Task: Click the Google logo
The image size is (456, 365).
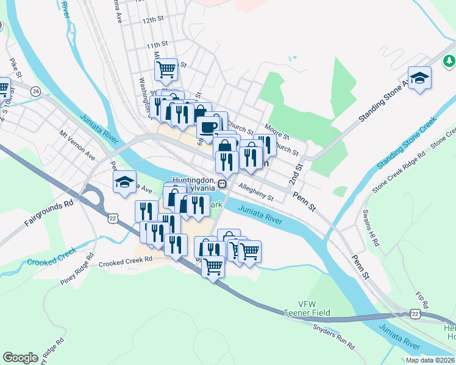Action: (21, 358)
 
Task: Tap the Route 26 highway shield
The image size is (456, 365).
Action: (36, 91)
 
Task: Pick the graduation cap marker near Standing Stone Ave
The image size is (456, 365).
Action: (419, 78)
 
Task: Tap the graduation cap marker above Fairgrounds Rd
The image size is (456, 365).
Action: (124, 181)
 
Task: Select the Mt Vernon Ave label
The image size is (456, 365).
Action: (77, 146)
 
